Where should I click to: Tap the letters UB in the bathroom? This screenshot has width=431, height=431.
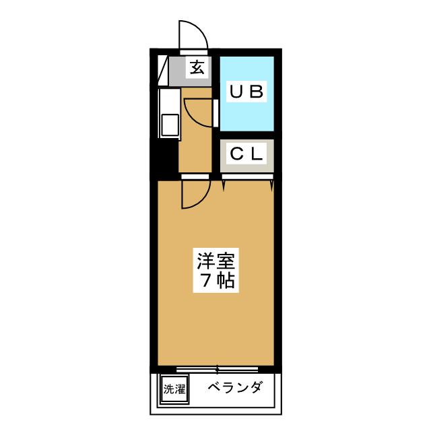(x=247, y=93)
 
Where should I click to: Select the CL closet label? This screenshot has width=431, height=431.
(x=246, y=154)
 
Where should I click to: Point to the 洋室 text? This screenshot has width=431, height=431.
(x=215, y=260)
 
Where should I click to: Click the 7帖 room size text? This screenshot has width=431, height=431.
(x=215, y=280)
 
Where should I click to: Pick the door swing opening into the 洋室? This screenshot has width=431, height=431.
(x=193, y=195)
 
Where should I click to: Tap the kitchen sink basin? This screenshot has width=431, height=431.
(x=168, y=127)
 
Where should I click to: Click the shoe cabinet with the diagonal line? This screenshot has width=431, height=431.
(x=162, y=70)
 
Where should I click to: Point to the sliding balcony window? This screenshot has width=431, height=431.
(x=218, y=369)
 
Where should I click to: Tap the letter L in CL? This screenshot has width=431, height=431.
(x=256, y=154)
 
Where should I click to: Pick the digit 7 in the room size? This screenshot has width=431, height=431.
(x=205, y=280)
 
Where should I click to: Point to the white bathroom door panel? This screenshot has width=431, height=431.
(x=216, y=113)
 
